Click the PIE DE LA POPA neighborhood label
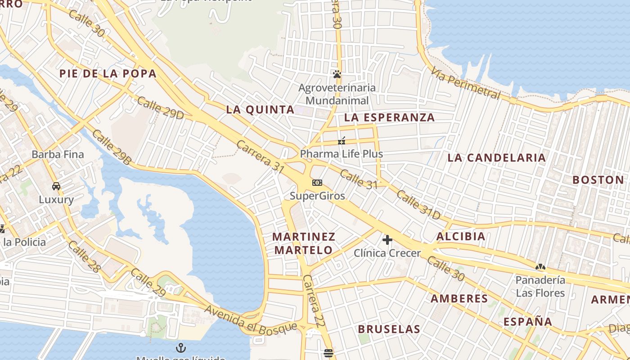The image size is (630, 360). [x=108, y=73]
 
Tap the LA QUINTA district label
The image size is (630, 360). [x=260, y=109]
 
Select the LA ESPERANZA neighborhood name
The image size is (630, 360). [x=390, y=118]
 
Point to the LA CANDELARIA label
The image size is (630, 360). [x=496, y=157]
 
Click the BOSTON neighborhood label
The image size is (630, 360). [x=598, y=180]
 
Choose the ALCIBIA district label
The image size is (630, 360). [x=461, y=236]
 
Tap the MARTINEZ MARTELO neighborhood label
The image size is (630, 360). [x=304, y=243]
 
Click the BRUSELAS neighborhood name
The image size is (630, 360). [x=389, y=329]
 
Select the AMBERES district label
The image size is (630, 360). [x=459, y=298]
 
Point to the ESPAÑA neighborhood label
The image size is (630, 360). [x=527, y=322]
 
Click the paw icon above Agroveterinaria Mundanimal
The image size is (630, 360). [x=337, y=74]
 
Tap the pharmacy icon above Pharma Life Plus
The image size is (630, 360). [x=342, y=141]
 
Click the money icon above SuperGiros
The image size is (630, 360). [x=317, y=183]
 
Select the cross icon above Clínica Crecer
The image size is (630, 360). [x=387, y=239]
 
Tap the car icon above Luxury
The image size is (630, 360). [x=56, y=186]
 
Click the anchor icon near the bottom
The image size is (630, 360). [x=180, y=347]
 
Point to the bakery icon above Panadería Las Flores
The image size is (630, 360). [x=540, y=267]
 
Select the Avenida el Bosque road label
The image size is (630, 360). [x=251, y=320]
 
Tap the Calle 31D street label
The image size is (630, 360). [x=418, y=205]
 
